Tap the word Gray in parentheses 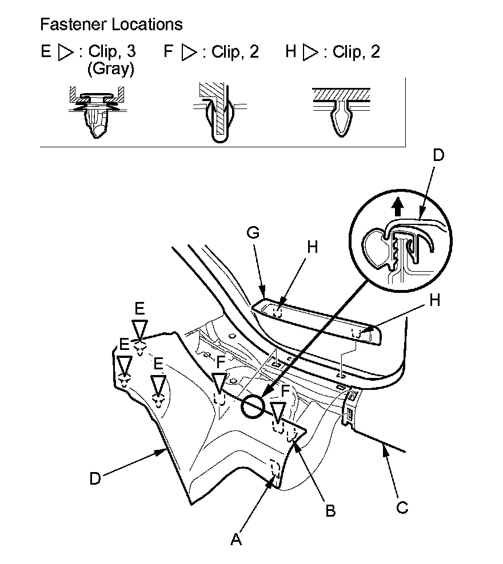coord(111,69)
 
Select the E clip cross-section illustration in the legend coord(97,112)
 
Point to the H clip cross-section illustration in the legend coord(341,112)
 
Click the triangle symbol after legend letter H coord(311,53)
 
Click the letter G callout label coord(253,233)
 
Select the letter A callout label coord(236,539)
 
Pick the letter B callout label coord(330,510)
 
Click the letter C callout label coord(402,507)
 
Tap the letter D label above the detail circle coord(438,155)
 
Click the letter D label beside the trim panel coord(95,479)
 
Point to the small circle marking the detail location coord(253,406)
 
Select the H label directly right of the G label coord(312,248)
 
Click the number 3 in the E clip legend coord(131,51)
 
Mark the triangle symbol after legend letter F coord(189,53)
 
